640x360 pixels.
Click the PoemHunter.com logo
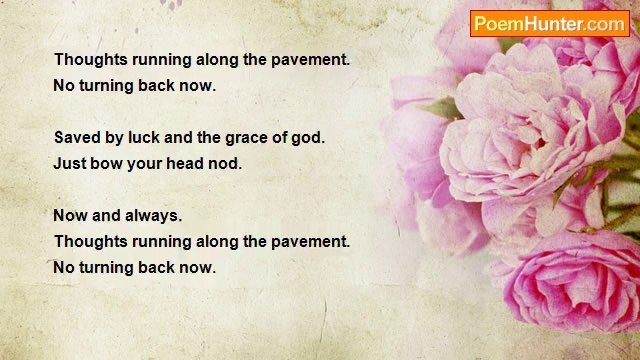(x=549, y=24)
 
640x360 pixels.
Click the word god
(x=308, y=138)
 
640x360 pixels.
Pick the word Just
(x=70, y=163)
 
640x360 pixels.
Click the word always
(x=156, y=216)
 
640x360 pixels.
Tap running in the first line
(x=163, y=60)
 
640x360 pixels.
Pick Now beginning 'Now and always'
(x=70, y=216)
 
